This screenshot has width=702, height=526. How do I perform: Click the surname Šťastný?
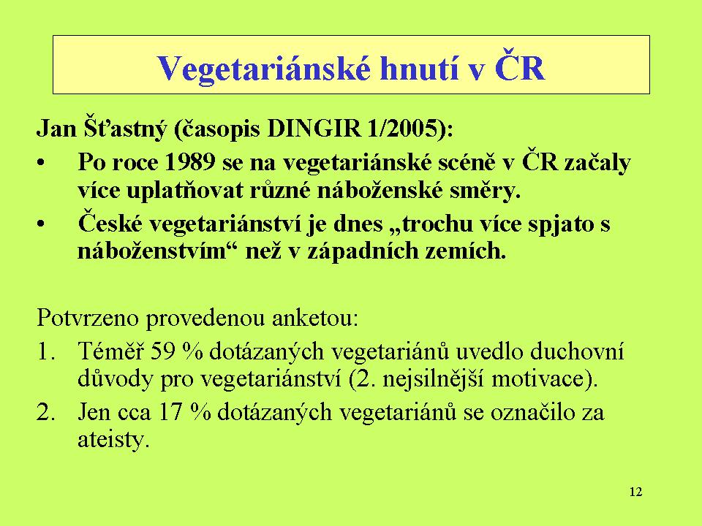click(x=124, y=129)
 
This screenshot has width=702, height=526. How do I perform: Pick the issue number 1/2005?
click(x=401, y=129)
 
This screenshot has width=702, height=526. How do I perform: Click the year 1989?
click(x=190, y=162)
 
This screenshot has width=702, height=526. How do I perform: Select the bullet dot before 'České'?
click(x=41, y=224)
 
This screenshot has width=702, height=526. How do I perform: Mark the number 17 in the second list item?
click(x=170, y=412)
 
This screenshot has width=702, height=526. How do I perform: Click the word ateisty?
click(x=112, y=440)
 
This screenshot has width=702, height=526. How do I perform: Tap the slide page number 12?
click(x=635, y=492)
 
